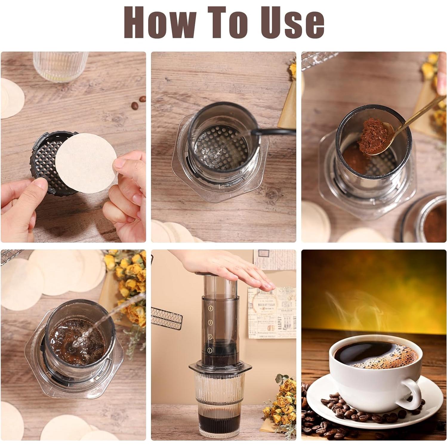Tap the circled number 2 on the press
point(210,336)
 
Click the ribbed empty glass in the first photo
point(60,66)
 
